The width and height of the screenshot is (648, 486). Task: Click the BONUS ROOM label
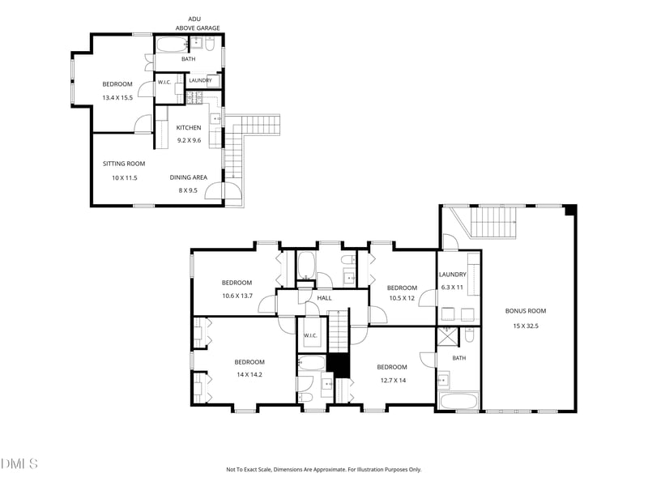pos(525,311)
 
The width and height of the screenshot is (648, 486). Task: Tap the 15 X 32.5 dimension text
pos(526,326)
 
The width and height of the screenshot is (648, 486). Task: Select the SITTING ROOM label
pos(124,164)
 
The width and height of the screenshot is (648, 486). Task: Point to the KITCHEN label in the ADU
pos(189,128)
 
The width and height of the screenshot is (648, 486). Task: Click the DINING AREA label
pos(189,177)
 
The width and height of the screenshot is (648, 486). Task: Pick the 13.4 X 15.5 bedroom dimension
pos(117,98)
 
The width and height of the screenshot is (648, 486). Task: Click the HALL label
pos(325,298)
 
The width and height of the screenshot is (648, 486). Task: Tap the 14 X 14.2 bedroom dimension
pos(249,375)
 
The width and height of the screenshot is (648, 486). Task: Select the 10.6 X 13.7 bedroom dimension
pos(237,296)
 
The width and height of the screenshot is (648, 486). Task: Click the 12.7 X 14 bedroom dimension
pos(393,380)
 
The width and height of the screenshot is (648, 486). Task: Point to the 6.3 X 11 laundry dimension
pos(452,288)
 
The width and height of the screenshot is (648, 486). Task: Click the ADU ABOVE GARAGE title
pos(198,23)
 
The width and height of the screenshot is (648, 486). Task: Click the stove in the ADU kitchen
pos(194,97)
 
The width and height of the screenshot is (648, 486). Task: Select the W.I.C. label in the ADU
pos(164,83)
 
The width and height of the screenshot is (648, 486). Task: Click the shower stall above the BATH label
pos(448,336)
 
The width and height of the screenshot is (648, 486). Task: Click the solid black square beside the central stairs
pos(339,366)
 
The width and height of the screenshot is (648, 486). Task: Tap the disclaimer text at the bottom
pos(323,470)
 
